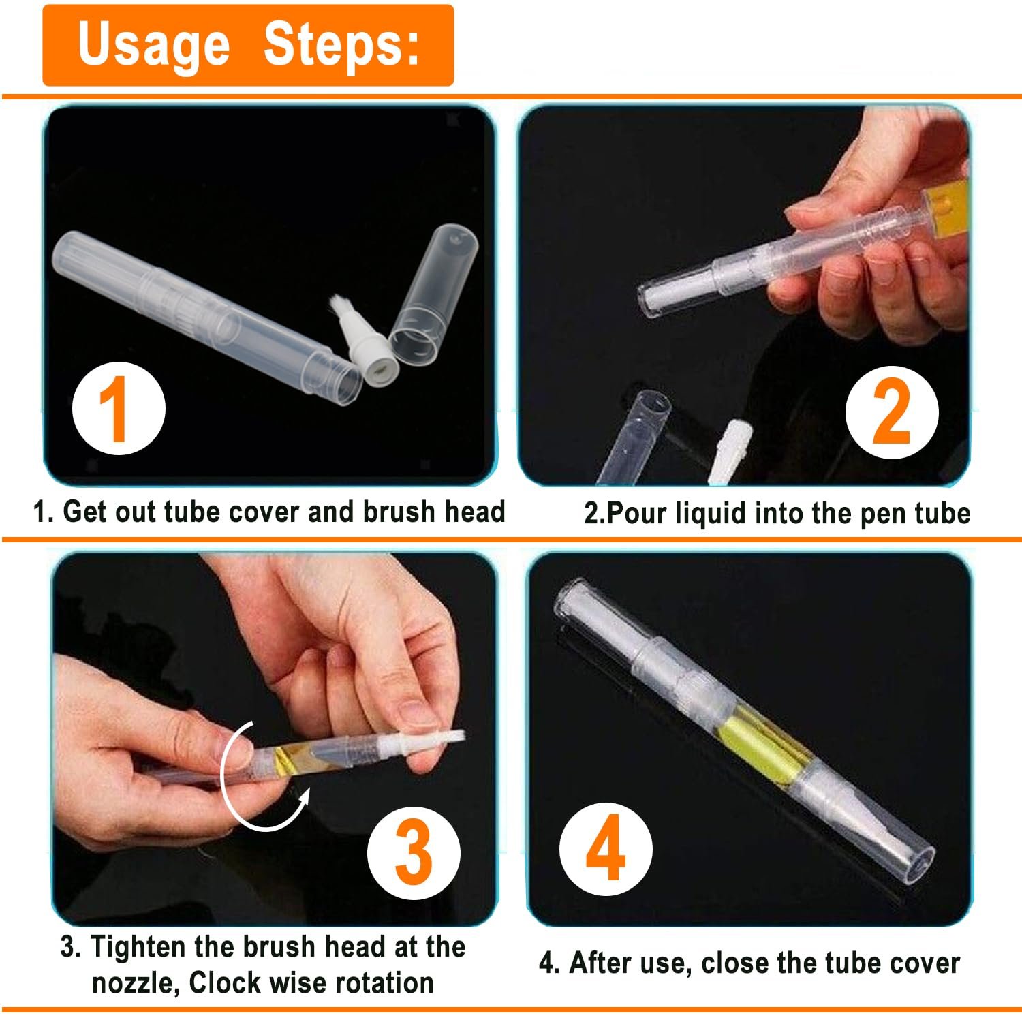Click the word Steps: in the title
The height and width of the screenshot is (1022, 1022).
click(341, 45)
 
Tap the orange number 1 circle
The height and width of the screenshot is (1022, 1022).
click(119, 409)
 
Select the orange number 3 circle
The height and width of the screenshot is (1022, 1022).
click(414, 852)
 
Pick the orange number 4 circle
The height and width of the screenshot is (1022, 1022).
click(606, 849)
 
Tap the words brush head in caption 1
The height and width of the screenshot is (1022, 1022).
click(433, 512)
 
